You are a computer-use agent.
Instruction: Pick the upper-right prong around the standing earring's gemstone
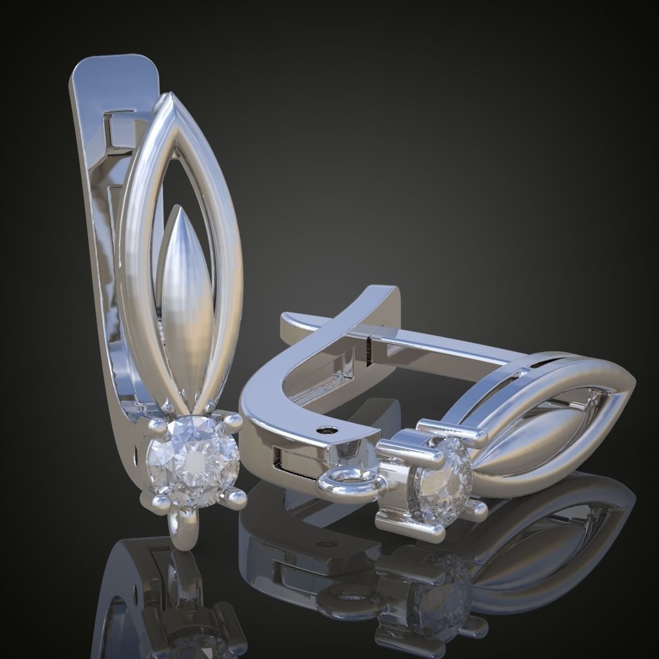coord(232,422)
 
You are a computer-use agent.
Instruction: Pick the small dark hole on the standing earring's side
coord(136,457)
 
